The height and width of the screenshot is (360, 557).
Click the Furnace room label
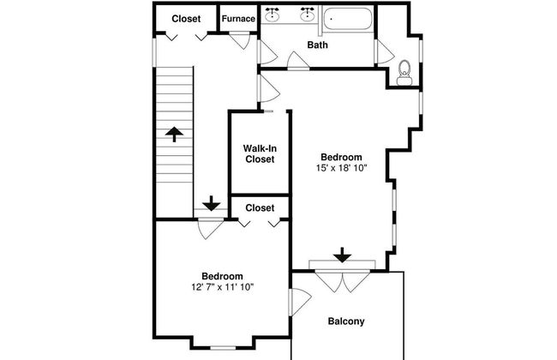pyautogui.click(x=238, y=19)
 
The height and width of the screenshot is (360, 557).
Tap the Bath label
pyautogui.click(x=317, y=45)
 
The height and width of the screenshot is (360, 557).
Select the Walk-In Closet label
pyautogui.click(x=260, y=153)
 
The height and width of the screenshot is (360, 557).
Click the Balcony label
pyautogui.click(x=345, y=321)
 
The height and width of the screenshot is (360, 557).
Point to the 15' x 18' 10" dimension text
pyautogui.click(x=341, y=168)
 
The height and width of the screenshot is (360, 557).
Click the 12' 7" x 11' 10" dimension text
pyautogui.click(x=223, y=287)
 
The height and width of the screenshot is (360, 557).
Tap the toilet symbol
pyautogui.click(x=404, y=73)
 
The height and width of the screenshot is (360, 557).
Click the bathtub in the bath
pyautogui.click(x=347, y=19)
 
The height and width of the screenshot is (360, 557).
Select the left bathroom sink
pyautogui.click(x=273, y=14)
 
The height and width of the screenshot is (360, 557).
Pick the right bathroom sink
pyautogui.click(x=307, y=14)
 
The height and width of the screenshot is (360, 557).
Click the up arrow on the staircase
pyautogui.click(x=174, y=135)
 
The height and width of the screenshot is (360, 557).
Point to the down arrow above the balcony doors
pyautogui.click(x=343, y=255)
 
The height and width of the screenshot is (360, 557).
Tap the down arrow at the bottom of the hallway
pyautogui.click(x=212, y=203)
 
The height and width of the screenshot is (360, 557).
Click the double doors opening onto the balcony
pyautogui.click(x=343, y=281)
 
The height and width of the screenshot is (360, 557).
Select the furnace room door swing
pyautogui.click(x=240, y=40)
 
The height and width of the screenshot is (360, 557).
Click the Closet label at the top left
pyautogui.click(x=186, y=19)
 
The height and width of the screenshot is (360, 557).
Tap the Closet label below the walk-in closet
pyautogui.click(x=260, y=208)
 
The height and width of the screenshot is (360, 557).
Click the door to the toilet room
pyautogui.click(x=385, y=52)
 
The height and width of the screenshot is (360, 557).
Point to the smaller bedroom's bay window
pyautogui.click(x=223, y=348)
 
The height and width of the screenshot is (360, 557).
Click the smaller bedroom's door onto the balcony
pyautogui.click(x=300, y=302)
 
